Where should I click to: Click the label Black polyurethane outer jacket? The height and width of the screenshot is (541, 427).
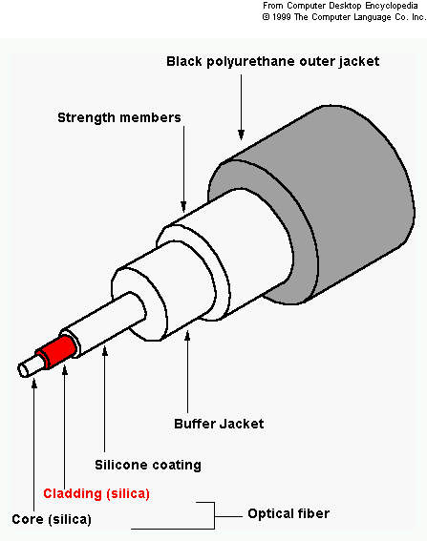click(273, 61)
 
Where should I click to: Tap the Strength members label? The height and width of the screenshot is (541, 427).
click(119, 117)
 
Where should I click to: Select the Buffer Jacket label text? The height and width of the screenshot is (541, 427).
click(219, 424)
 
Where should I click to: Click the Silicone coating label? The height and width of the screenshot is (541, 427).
click(148, 465)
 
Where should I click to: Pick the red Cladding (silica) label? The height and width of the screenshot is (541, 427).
click(96, 493)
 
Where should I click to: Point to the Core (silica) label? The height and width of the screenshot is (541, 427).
click(52, 519)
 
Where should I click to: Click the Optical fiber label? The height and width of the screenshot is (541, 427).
click(288, 513)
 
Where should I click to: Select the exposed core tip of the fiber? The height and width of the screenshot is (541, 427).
click(31, 366)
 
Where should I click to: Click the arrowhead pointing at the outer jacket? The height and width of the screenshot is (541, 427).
click(241, 135)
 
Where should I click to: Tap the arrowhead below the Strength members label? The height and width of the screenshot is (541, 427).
click(183, 206)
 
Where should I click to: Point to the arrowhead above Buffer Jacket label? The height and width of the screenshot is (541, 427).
click(187, 336)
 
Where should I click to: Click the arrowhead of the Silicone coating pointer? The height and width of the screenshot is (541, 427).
click(105, 351)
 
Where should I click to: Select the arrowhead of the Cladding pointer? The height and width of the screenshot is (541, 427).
click(65, 370)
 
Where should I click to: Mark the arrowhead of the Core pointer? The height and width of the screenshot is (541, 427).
click(33, 383)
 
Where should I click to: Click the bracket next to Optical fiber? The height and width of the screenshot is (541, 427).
click(214, 516)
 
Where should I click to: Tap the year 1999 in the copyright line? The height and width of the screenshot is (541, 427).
click(281, 17)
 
